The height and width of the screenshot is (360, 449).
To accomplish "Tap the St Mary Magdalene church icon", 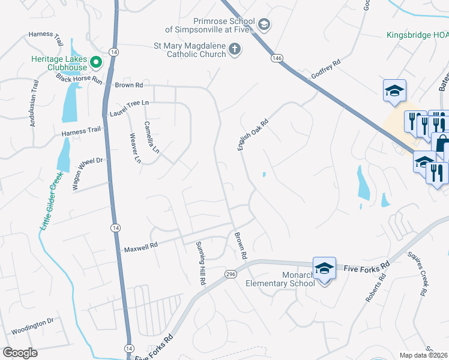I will click(x=235, y=49).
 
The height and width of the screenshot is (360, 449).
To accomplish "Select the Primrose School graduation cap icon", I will click(x=264, y=24).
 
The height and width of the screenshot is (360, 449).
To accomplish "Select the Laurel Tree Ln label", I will click(x=128, y=107).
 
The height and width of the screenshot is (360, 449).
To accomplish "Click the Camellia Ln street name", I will click(x=151, y=137).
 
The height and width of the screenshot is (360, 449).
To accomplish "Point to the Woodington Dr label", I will click(x=32, y=326).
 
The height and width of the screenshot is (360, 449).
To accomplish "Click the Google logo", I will click(x=20, y=353).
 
